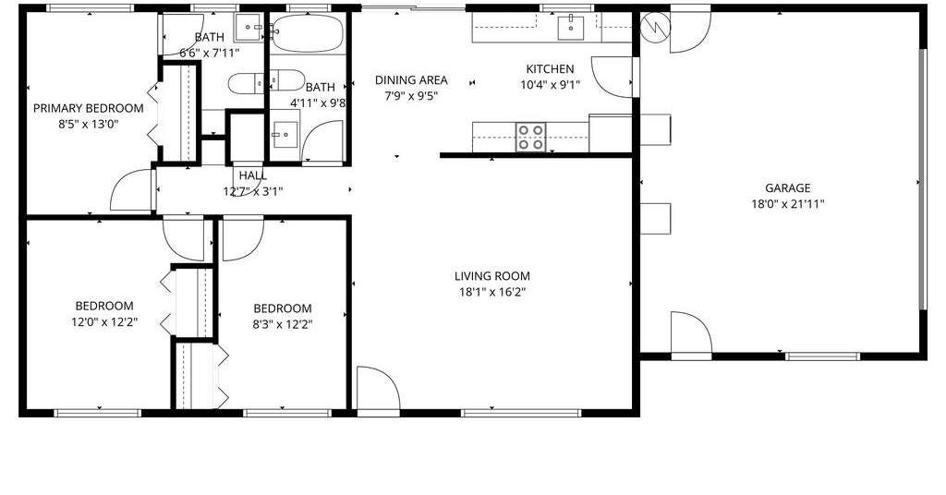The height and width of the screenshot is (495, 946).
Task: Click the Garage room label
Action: point(787,188)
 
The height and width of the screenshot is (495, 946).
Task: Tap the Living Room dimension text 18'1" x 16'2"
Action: point(491,293)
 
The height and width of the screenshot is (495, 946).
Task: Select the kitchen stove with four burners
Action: point(531,137)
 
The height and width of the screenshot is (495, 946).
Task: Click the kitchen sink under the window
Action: point(570,28)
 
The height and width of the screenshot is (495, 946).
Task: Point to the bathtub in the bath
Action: point(307,32)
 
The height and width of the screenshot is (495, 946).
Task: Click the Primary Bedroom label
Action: point(88,109)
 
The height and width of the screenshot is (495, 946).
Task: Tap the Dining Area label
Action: point(411,79)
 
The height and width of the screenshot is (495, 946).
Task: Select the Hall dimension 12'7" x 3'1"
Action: point(253,192)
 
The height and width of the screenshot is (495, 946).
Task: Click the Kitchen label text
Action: point(551,68)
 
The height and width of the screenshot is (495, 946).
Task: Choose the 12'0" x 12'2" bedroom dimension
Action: point(104,322)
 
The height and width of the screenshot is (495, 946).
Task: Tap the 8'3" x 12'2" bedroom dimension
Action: point(283,324)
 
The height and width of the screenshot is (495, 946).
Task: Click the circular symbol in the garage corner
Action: point(655,28)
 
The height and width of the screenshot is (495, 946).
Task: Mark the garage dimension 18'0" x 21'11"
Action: point(787,204)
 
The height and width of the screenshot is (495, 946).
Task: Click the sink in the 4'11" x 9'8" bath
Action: point(285,135)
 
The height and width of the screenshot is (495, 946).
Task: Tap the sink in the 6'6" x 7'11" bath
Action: point(249,28)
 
